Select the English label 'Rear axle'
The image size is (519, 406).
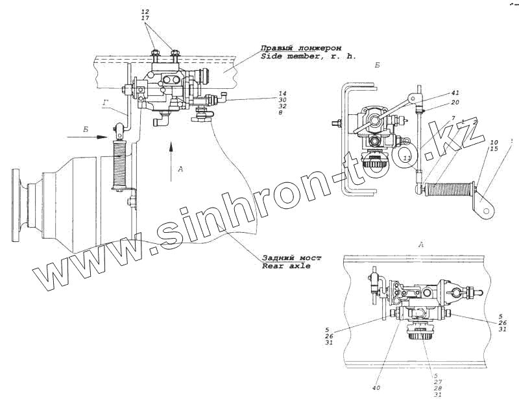[286, 266]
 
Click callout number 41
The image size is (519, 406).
[456, 93]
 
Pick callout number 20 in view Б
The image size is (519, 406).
[456, 102]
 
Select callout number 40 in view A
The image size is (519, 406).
[376, 388]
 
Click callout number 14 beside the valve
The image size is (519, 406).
[282, 93]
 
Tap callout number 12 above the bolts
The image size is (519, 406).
[144, 12]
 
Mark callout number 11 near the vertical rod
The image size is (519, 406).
[406, 158]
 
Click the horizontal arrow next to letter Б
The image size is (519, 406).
[98, 137]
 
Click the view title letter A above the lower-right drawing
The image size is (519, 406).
[421, 244]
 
